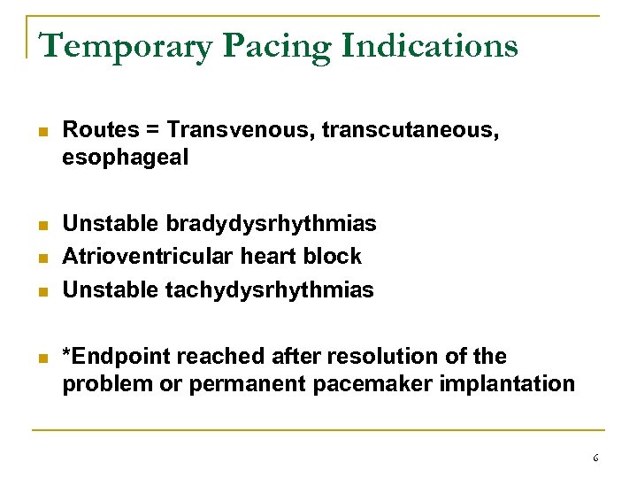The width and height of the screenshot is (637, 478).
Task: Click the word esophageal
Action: [126, 159]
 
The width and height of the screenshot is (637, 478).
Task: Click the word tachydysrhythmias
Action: [270, 289]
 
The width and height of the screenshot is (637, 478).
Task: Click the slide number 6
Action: [595, 458]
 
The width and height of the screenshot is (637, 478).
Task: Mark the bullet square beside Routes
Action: [42, 131]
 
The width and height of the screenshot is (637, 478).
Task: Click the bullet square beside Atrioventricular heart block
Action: [42, 258]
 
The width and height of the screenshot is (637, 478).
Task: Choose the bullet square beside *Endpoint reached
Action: [42, 358]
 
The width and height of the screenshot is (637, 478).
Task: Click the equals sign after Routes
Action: [153, 130]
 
